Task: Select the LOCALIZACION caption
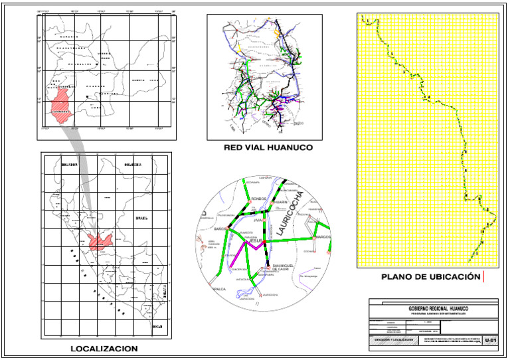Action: pyautogui.click(x=104, y=349)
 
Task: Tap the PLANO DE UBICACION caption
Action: pyautogui.click(x=430, y=276)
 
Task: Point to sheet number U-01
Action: pyautogui.click(x=491, y=341)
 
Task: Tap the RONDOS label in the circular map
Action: pyautogui.click(x=259, y=199)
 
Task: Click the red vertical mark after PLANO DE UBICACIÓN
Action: pyautogui.click(x=485, y=276)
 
